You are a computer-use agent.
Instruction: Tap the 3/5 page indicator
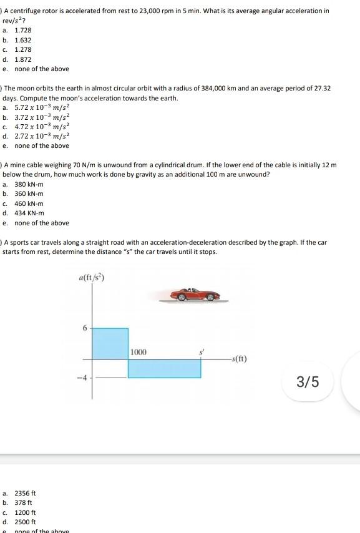pyautogui.click(x=308, y=381)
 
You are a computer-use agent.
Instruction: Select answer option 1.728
pyautogui.click(x=23, y=30)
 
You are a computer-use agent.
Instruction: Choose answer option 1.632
pyautogui.click(x=23, y=40)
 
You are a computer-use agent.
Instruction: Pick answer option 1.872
pyautogui.click(x=23, y=59)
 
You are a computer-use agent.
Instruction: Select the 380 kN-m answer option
pyautogui.click(x=29, y=185)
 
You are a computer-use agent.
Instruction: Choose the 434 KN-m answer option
pyautogui.click(x=29, y=213)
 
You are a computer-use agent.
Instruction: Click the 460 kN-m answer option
pyautogui.click(x=29, y=203)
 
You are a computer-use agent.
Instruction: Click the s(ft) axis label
pyautogui.click(x=239, y=359)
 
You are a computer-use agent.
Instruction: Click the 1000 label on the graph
pyautogui.click(x=139, y=353)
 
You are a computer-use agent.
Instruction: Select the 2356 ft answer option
pyautogui.click(x=26, y=493)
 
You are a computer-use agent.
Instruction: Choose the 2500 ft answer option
pyautogui.click(x=26, y=522)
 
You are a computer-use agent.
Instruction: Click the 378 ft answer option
pyautogui.click(x=24, y=502)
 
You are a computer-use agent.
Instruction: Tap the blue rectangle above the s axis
pyautogui.click(x=110, y=343)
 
